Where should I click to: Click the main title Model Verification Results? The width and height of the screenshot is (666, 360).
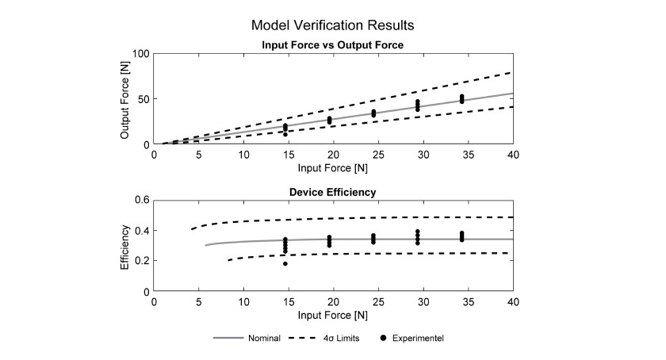point(332,25)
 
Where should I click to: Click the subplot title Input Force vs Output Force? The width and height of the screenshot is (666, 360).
point(332,45)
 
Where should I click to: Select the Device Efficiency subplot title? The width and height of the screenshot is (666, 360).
point(332,192)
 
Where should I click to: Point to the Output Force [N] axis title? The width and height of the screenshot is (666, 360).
point(124,100)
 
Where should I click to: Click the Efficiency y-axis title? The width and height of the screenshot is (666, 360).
point(124,247)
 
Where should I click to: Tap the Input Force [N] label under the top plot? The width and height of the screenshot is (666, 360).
point(332,168)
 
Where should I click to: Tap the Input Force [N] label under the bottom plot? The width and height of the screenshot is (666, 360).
point(332,316)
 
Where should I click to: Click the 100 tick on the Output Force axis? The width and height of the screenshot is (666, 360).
point(141,54)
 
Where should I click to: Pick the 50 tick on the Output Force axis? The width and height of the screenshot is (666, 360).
point(144,99)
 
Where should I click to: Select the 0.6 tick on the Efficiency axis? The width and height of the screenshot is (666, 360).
point(142,200)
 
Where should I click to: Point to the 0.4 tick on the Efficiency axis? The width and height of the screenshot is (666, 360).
point(142,231)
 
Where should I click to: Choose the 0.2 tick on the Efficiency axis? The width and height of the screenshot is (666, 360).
point(142,261)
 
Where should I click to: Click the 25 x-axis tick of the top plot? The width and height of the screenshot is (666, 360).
point(378,155)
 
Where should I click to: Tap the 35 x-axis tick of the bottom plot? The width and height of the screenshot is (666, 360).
point(468,302)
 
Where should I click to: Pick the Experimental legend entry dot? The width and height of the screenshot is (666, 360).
point(384,338)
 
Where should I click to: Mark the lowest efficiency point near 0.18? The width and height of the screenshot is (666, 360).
point(285,264)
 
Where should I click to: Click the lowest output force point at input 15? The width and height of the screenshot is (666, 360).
point(285,134)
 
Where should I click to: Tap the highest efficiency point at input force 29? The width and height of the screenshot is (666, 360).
point(418,232)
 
